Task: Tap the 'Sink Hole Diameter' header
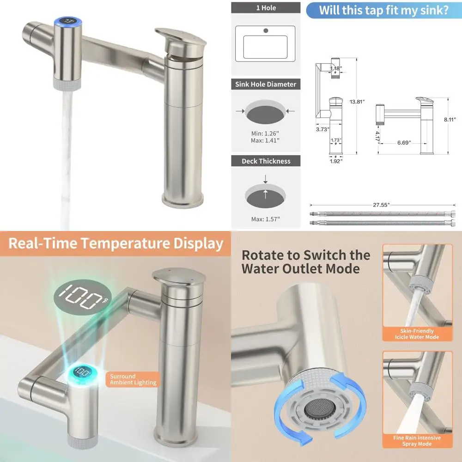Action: (x=266, y=84)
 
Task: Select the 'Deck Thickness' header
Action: (x=266, y=161)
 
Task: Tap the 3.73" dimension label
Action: (x=322, y=129)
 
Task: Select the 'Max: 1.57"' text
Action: (x=266, y=219)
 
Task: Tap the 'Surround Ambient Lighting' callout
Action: (x=133, y=379)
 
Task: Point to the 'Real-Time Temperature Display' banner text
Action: (x=115, y=243)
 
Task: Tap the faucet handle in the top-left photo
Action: (x=182, y=40)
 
